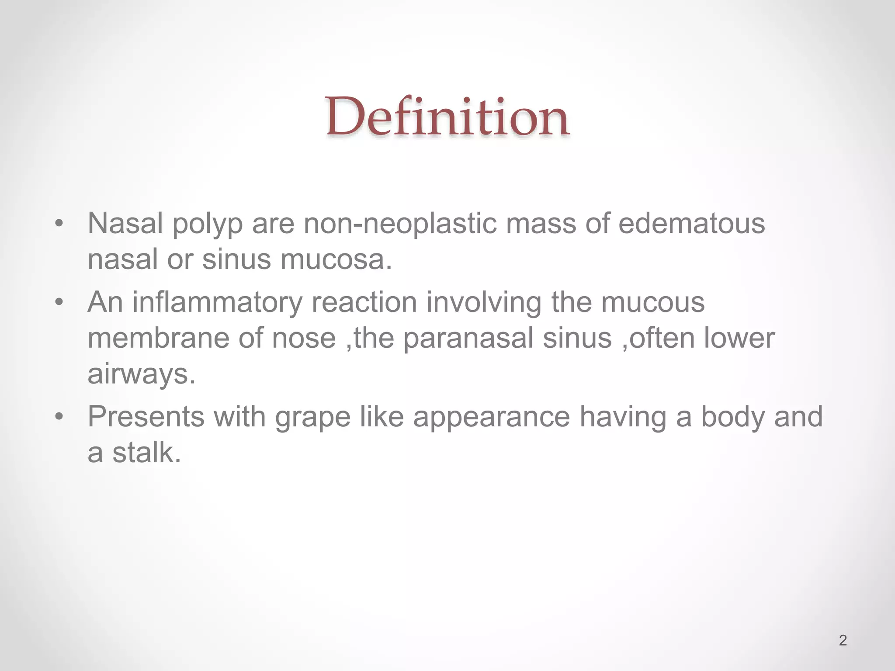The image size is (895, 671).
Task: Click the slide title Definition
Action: click(x=447, y=117)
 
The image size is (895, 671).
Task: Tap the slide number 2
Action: click(x=843, y=640)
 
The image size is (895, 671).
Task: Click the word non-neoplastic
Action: click(x=400, y=223)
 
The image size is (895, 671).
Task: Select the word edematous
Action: click(x=692, y=223)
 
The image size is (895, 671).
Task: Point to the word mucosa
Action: click(x=336, y=259)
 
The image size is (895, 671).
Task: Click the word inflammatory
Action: click(x=217, y=302)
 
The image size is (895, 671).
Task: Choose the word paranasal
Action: click(x=468, y=339)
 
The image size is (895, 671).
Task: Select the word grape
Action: click(x=312, y=418)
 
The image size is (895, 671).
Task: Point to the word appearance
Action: click(x=491, y=418)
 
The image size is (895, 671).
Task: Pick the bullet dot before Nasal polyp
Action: click(x=59, y=224)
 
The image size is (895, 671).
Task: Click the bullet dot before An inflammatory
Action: click(x=59, y=303)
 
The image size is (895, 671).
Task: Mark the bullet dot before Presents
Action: click(x=59, y=417)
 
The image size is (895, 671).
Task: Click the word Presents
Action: click(x=146, y=417)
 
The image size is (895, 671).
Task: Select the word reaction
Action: click(x=364, y=302)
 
